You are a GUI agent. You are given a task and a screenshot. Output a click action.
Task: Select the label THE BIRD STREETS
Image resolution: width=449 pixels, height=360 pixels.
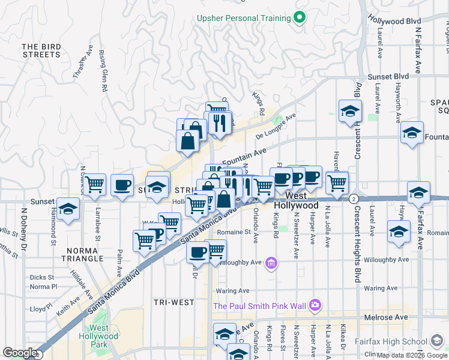tap(41, 50)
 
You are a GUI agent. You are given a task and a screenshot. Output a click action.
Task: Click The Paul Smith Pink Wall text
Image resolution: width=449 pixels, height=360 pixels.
tap(259, 307)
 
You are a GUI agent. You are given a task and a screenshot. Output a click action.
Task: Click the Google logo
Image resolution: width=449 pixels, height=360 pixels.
tap(20, 353)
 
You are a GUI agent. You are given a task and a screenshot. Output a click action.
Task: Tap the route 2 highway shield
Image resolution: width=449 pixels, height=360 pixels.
tap(354, 199)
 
